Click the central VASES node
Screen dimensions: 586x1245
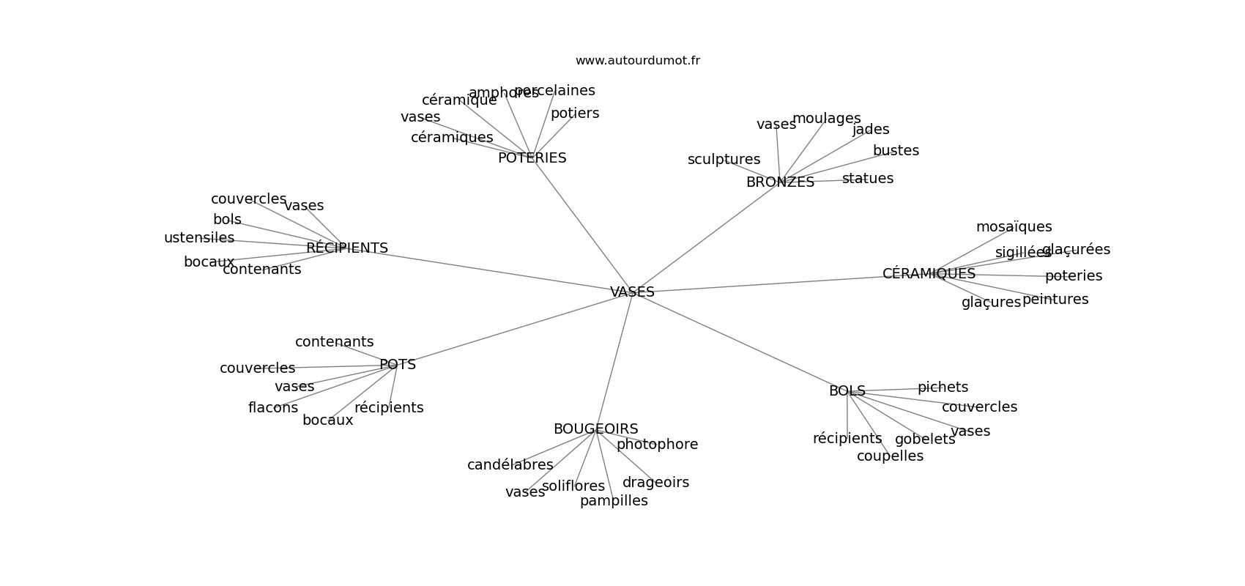632,292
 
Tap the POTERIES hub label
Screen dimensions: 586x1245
532,158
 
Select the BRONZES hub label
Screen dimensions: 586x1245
780,182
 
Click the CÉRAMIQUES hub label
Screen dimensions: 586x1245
929,274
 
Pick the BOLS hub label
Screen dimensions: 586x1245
847,391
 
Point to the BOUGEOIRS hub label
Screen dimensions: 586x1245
595,429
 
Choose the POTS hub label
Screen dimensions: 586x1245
398,365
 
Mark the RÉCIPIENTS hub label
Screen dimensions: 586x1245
347,248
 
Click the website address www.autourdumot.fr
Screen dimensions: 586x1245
637,61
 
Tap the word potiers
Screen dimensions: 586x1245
575,114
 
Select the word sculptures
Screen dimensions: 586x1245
724,160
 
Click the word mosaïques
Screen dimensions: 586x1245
1014,227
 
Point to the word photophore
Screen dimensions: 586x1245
657,445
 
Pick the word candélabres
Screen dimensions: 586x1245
510,465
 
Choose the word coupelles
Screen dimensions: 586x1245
890,456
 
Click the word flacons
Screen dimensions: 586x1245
273,408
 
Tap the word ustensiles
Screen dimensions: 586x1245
199,238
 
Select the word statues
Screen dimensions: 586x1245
868,179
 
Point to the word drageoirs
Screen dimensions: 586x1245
655,483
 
